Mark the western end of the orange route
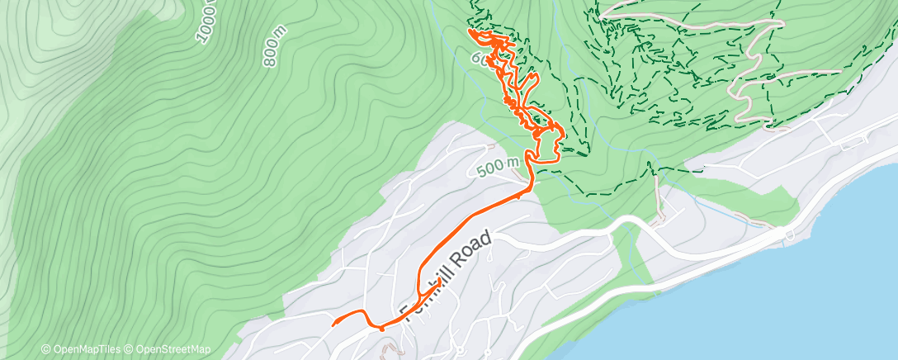coord(333,324)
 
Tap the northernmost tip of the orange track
coord(472,31)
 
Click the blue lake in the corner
coord(825,281)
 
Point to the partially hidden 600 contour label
coord(480,59)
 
